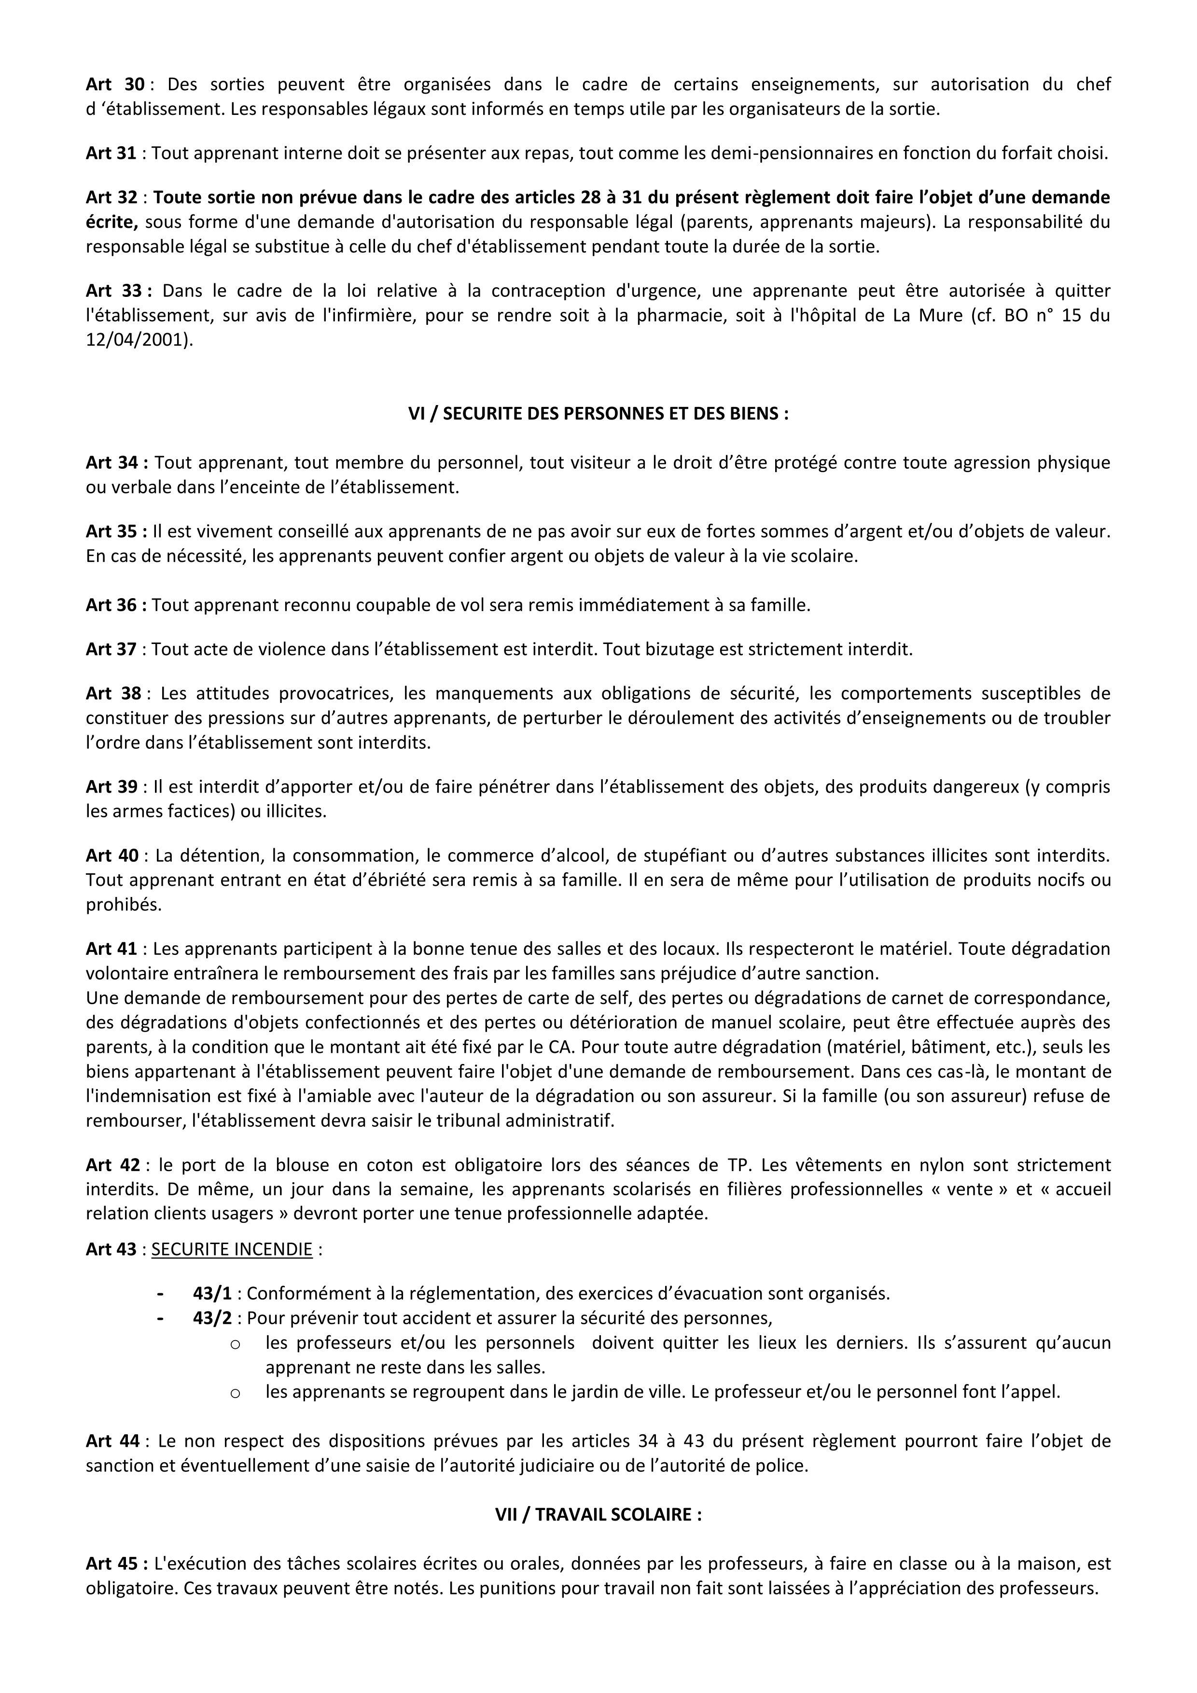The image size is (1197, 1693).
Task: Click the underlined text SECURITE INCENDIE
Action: pos(232,1249)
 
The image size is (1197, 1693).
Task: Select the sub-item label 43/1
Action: pos(212,1293)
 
